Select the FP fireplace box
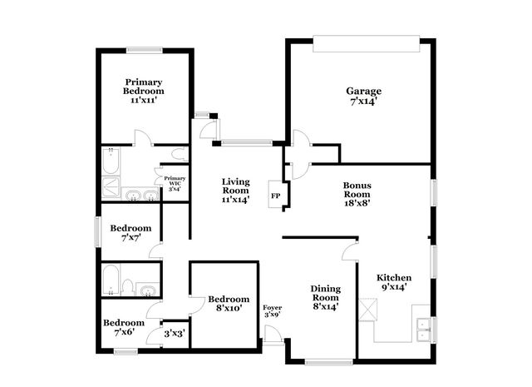(276, 196)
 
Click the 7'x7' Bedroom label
(131, 232)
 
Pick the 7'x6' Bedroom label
(124, 327)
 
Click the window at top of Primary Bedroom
(144, 50)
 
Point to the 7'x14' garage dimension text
(364, 102)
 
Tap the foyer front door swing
(272, 334)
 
